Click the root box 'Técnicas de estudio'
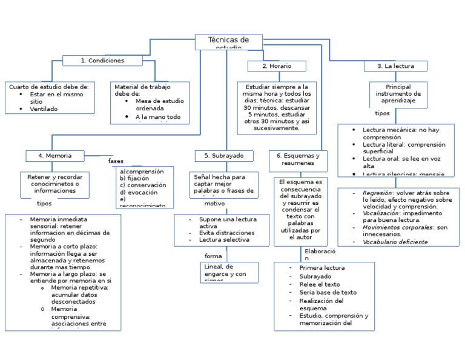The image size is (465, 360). [228, 42]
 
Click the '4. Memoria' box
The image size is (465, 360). [54, 156]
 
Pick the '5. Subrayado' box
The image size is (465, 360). [223, 156]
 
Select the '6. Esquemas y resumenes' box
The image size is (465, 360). [297, 159]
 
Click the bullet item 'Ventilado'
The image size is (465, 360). [44, 109]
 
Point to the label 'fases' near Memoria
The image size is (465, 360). [116, 161]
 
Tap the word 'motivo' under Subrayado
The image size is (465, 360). [214, 204]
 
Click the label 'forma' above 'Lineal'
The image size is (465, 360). [213, 256]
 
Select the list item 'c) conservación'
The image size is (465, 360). [143, 185]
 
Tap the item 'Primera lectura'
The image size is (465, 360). [322, 268]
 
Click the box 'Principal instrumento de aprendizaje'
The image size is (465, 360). [398, 95]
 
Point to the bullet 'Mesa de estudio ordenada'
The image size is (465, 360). [160, 105]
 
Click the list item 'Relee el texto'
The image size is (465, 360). [319, 284]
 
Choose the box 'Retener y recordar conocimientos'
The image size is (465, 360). [54, 183]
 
